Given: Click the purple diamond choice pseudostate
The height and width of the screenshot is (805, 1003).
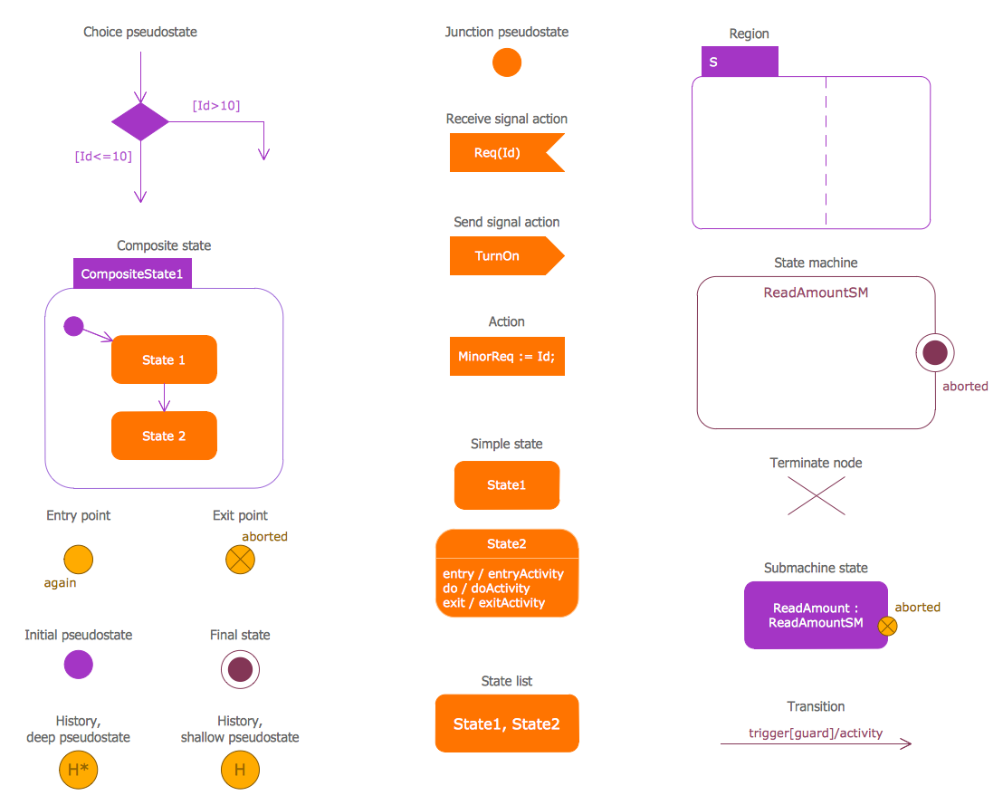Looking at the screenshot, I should coord(140,121).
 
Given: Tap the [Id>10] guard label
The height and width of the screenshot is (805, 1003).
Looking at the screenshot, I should coord(215,106).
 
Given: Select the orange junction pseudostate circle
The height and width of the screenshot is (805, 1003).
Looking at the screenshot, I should coord(507,62).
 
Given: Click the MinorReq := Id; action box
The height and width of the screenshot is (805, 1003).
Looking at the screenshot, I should coord(507,357).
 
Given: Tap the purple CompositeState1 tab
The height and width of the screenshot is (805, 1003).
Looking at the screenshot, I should coord(132,274).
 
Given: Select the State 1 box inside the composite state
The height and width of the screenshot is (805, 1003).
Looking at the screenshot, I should coord(164,359).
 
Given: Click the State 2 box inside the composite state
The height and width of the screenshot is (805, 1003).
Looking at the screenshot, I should coord(164,436).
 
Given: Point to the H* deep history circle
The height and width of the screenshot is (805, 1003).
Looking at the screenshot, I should coord(78,771).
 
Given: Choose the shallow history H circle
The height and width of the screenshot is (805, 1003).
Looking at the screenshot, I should coord(240,771).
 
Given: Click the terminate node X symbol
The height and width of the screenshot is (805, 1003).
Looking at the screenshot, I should coord(817,496).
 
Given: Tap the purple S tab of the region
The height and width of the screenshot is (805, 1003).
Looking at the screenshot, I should coord(740,62).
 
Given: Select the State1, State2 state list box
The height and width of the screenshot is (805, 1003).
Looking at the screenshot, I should coord(507,724).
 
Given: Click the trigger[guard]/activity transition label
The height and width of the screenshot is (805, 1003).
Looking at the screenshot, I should coord(816,733).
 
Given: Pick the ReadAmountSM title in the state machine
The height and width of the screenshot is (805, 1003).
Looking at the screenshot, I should coord(816,292).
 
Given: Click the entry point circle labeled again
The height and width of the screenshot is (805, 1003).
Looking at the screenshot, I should coord(79,560).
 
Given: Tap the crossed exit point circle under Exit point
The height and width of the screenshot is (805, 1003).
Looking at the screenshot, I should coord(240,560).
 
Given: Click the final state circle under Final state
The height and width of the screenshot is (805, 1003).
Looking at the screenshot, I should coord(240,670).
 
